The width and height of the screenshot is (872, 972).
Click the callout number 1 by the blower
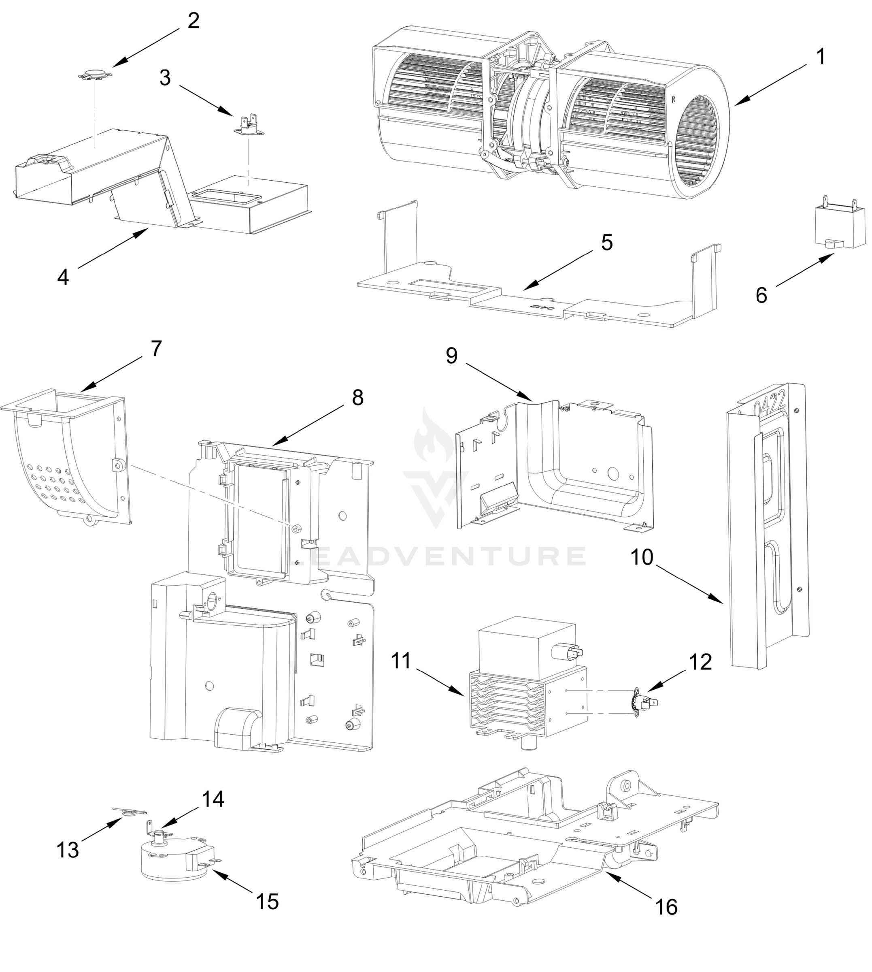coord(821,57)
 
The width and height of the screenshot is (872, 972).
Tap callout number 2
coord(193,21)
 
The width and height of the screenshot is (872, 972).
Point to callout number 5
coord(606,243)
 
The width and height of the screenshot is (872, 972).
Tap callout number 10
coord(642,557)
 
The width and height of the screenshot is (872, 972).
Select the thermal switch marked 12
coord(643,702)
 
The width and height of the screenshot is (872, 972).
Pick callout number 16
coord(666,907)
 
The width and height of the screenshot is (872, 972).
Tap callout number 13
coord(67,850)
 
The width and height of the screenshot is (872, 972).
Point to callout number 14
coord(213,799)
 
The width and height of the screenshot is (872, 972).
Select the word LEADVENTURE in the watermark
coord(436,556)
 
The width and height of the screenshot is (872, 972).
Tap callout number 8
coord(357,397)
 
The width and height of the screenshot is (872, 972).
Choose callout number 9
coord(451,356)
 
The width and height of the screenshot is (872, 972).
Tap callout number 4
coord(63,277)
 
